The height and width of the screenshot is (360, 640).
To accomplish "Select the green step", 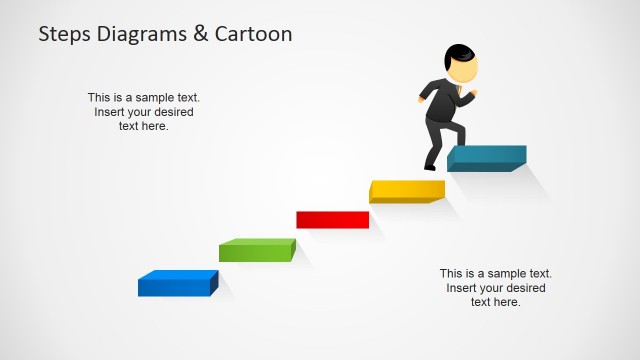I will pyautogui.click(x=257, y=250).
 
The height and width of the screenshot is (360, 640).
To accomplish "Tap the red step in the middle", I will pyautogui.click(x=332, y=219).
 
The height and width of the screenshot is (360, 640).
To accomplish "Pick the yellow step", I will pyautogui.click(x=406, y=190).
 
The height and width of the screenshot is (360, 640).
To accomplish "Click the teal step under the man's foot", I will pyautogui.click(x=486, y=157).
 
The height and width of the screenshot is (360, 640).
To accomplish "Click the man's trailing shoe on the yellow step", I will pyautogui.click(x=430, y=167).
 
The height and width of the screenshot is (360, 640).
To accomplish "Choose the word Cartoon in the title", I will pyautogui.click(x=254, y=34).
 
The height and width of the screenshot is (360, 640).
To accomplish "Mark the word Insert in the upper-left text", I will pyautogui.click(x=111, y=112).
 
